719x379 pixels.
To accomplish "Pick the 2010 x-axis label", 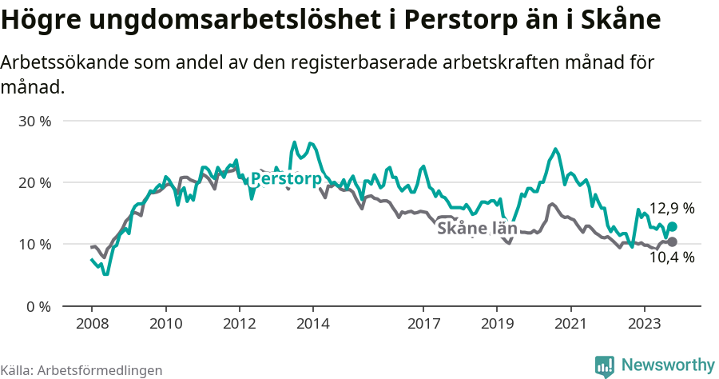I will coord(165,325).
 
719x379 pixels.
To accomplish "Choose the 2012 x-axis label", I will coord(239,325).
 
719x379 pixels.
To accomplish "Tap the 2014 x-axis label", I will coord(312,325).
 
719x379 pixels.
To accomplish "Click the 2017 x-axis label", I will coord(423,325).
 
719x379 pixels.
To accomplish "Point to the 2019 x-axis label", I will coord(497,325).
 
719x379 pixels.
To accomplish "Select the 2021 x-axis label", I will coord(570,325).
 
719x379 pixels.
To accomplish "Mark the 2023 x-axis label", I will coord(644,325).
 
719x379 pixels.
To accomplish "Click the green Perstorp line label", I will coord(285,178).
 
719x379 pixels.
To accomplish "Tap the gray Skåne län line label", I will coord(477,229).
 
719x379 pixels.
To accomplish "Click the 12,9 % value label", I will coord(671,209).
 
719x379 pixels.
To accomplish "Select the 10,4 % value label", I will coord(671,257).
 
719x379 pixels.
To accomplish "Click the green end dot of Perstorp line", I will coord(672,227).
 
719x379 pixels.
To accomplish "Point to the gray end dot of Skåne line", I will coord(672,241).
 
